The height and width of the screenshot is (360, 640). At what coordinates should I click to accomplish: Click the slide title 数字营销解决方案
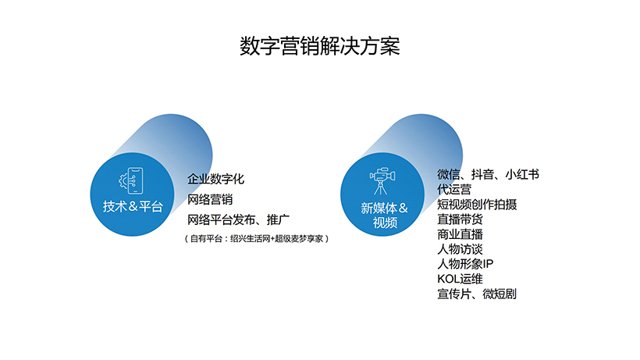tap(319, 46)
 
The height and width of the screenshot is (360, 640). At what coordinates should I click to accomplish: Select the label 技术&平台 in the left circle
tap(133, 206)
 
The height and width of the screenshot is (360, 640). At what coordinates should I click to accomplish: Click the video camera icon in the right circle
tap(382, 181)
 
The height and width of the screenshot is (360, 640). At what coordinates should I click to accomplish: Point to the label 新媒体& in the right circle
tap(384, 209)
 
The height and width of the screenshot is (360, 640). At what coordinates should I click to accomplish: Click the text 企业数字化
tap(215, 179)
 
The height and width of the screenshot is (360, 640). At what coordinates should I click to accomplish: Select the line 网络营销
tap(210, 200)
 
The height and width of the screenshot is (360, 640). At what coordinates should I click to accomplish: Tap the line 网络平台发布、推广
tap(238, 220)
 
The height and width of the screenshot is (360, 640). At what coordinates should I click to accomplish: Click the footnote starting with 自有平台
tap(257, 239)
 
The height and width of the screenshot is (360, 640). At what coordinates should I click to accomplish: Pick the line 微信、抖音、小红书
tap(488, 175)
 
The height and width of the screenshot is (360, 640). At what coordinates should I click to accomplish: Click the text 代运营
tap(454, 190)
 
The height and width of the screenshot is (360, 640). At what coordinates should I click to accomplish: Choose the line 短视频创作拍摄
tap(477, 205)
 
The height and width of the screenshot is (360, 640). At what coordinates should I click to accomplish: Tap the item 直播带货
tap(460, 219)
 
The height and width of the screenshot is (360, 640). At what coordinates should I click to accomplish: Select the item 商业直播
tap(460, 234)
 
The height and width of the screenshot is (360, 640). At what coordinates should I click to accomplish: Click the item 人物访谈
tap(460, 249)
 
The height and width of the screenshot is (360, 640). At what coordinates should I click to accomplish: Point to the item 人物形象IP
tap(465, 264)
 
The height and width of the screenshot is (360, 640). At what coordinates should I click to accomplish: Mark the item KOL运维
tap(460, 280)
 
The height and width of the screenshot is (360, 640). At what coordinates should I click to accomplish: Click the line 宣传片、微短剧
tap(477, 294)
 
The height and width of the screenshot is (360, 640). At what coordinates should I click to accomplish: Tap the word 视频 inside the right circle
tap(385, 223)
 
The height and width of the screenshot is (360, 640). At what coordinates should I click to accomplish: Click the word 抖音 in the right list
tap(482, 175)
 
